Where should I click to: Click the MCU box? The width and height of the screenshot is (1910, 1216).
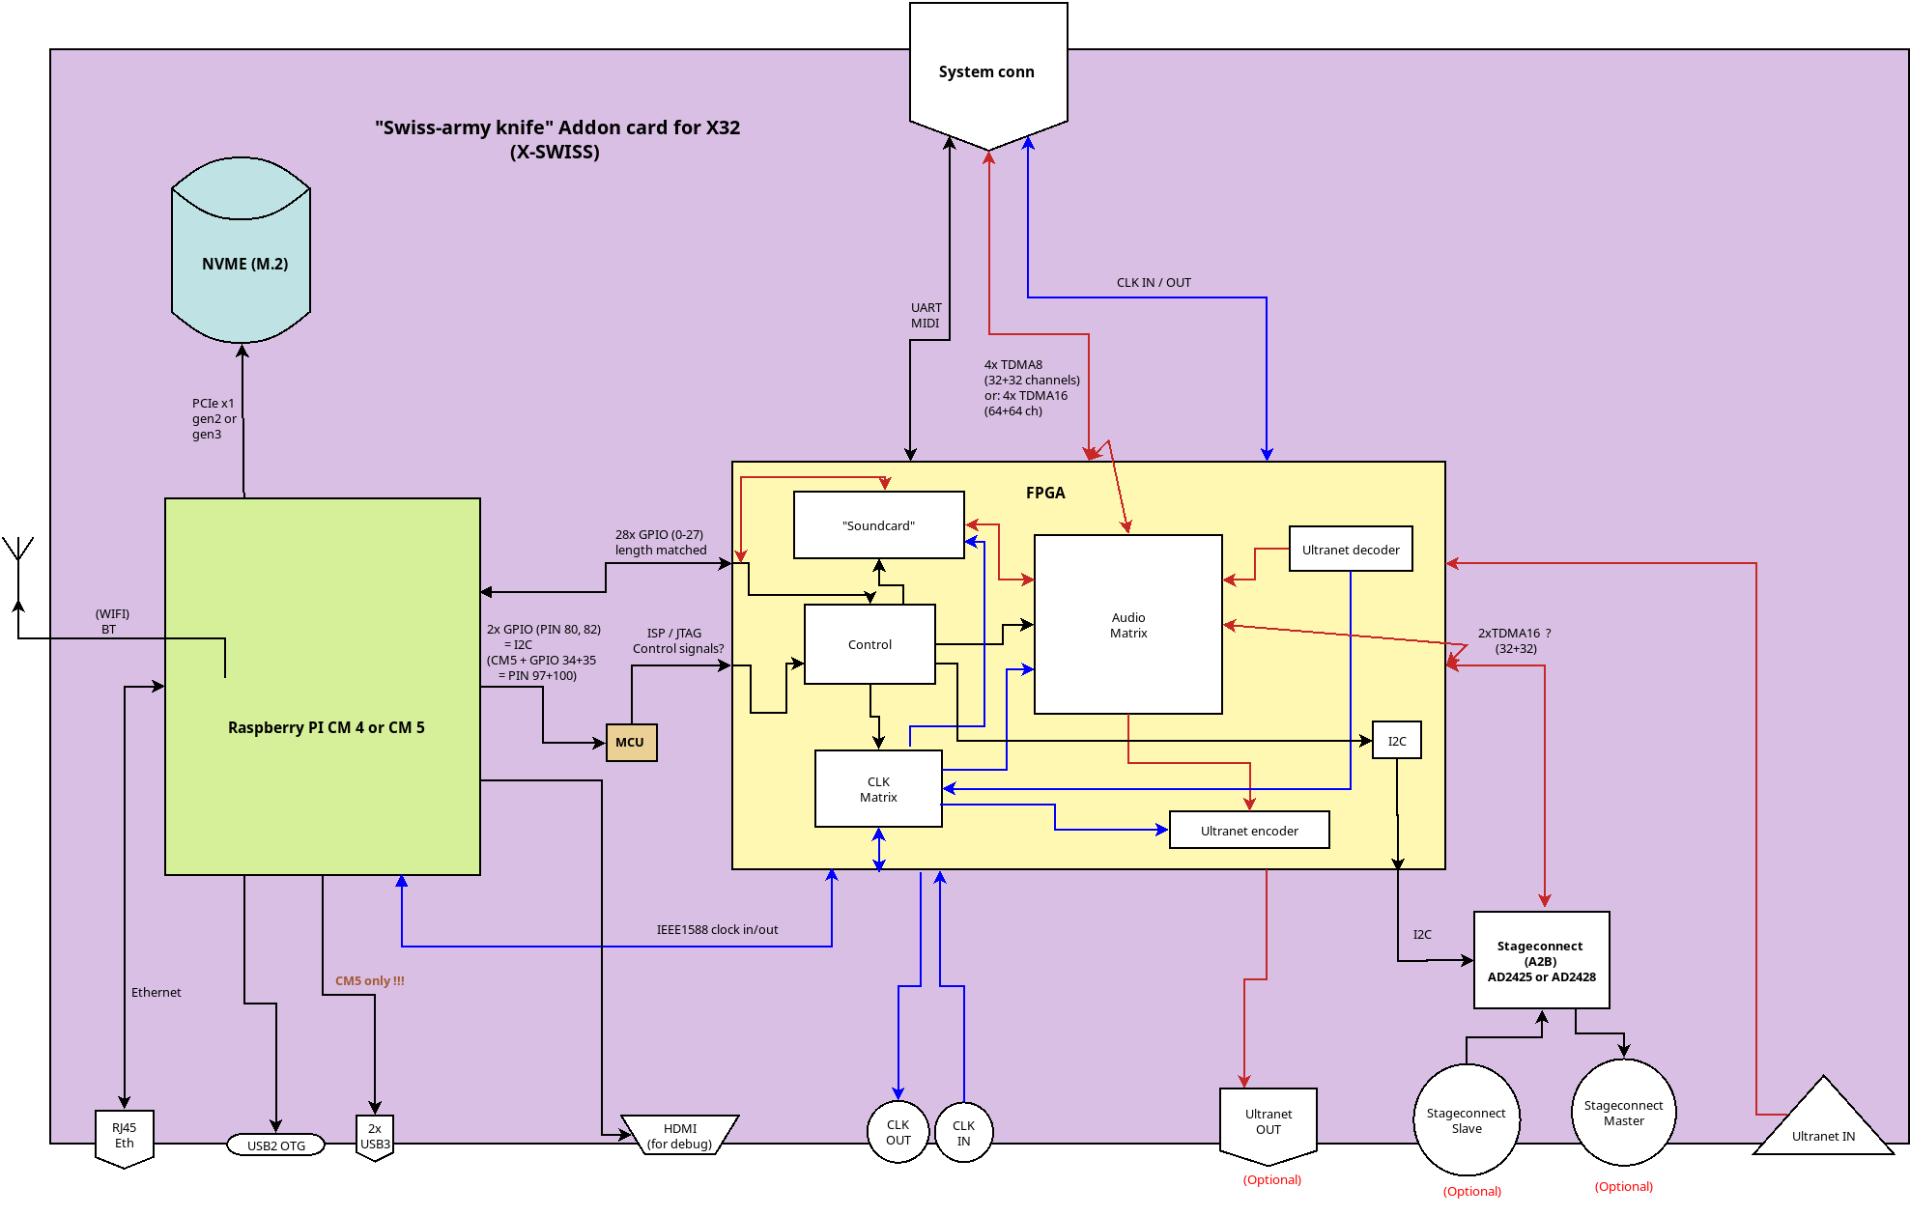click(631, 743)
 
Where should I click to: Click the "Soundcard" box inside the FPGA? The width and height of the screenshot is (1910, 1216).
click(878, 525)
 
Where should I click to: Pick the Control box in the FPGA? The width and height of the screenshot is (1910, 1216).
click(869, 644)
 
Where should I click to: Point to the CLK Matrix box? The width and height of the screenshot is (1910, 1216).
click(878, 789)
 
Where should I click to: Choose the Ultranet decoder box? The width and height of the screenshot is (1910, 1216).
click(1350, 550)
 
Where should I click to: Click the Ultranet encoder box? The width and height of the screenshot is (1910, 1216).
click(1248, 831)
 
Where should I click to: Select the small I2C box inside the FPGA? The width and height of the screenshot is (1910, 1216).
click(1396, 741)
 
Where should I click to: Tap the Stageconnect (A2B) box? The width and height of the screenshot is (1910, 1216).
click(1541, 961)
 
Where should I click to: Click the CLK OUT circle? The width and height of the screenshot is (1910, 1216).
click(898, 1132)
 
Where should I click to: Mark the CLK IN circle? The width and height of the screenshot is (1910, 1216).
click(963, 1133)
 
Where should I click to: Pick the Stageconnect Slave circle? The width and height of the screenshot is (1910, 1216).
click(1466, 1120)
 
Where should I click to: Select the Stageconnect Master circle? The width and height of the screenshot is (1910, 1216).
click(1623, 1113)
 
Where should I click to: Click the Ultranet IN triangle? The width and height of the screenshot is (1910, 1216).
click(1823, 1125)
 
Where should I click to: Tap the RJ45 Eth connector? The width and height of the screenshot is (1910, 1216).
click(125, 1136)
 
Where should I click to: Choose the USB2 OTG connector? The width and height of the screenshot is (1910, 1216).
click(275, 1145)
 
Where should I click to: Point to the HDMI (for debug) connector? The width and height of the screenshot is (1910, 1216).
click(679, 1136)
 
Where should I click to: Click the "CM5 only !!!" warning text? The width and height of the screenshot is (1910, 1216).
click(369, 980)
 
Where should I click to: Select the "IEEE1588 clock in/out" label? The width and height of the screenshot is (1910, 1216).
click(717, 929)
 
